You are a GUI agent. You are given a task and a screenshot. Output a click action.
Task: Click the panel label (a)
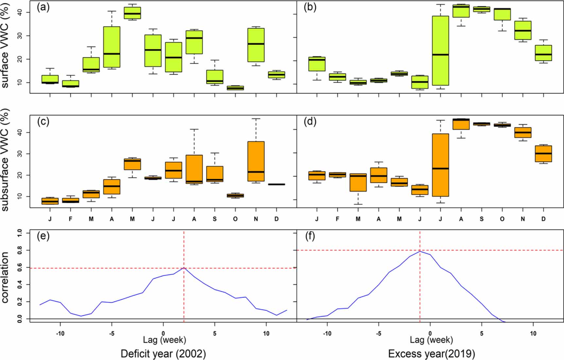[43, 7]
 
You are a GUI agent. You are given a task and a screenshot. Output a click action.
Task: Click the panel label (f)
[310, 236]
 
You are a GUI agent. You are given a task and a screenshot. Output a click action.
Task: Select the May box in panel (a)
[132, 13]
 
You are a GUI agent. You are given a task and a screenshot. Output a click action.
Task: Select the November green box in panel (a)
[256, 45]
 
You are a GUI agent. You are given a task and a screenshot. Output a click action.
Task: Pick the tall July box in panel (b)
[440, 51]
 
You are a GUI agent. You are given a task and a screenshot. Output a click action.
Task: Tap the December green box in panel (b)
[543, 53]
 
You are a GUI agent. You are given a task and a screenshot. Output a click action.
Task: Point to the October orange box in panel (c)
[235, 195]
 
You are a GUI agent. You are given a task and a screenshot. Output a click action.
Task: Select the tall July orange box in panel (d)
[440, 165]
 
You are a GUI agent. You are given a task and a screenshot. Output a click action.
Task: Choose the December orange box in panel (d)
[543, 154]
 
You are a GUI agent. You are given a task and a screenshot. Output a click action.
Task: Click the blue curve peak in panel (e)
[184, 268]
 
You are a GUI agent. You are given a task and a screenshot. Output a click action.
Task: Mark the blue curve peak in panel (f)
[420, 251]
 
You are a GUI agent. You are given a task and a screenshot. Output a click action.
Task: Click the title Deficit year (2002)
[163, 354]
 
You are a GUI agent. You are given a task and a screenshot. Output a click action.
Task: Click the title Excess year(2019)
[431, 354]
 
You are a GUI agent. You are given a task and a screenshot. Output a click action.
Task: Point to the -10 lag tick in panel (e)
[60, 333]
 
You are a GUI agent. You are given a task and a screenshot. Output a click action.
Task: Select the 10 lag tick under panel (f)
[533, 333]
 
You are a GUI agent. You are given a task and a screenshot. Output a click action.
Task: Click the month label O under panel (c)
[235, 219]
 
